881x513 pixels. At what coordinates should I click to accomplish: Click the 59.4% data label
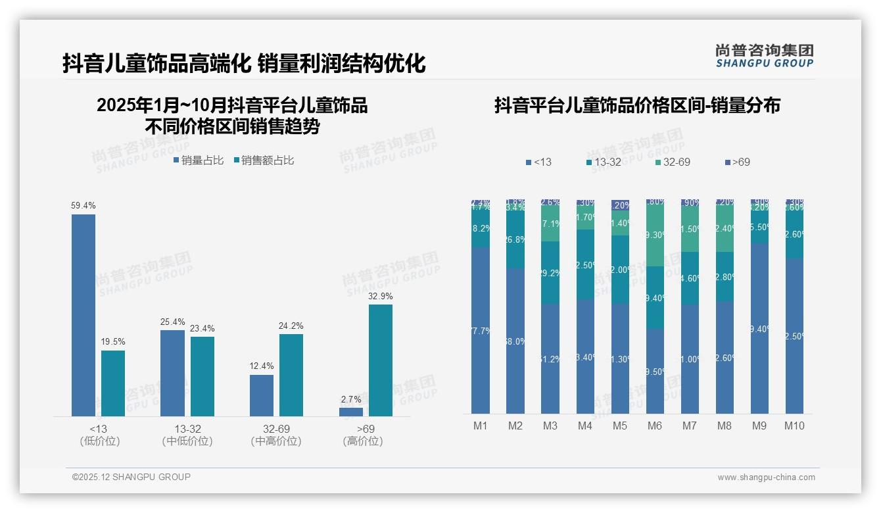coord(83,206)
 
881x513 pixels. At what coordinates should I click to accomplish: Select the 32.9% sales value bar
coord(381,360)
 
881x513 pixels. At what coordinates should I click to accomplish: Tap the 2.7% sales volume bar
coord(351,412)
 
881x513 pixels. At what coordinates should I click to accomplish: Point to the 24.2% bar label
coord(291,326)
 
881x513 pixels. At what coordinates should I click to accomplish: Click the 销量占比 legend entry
coord(199,160)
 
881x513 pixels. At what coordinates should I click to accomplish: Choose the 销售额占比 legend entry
coord(264,160)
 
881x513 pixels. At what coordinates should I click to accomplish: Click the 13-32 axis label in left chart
coord(187,429)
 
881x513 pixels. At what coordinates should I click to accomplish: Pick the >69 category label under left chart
coord(363,429)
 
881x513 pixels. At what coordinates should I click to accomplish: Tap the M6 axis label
coord(655,426)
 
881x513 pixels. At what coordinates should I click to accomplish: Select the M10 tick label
coord(794,426)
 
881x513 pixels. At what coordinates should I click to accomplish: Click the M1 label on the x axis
coord(481,426)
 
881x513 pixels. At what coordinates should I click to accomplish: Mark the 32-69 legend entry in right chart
coord(673,162)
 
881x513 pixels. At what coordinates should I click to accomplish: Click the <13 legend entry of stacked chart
coord(538,162)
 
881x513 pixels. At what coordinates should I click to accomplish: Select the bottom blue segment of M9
coord(759,329)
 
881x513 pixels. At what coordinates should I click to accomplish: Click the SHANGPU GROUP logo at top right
coord(765,56)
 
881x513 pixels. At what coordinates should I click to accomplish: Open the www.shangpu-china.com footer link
coord(766,477)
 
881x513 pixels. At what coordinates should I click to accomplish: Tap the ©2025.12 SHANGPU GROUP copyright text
coord(131,477)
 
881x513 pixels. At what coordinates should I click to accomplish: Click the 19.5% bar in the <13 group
coord(113,383)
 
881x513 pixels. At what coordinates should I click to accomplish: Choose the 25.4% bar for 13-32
coord(172,373)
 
